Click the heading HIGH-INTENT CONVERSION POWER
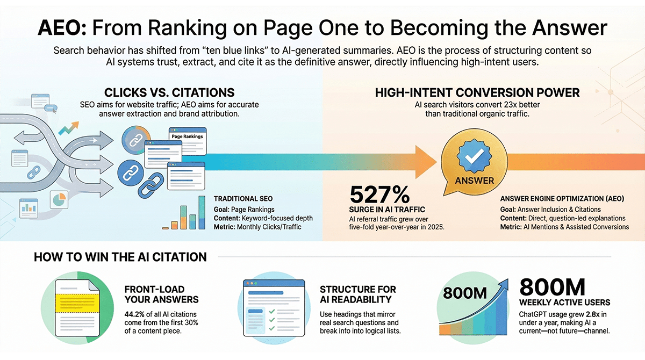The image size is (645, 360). coord(477,92)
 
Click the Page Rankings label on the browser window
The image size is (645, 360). coord(187,136)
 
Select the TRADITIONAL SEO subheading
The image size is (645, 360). coord(241,198)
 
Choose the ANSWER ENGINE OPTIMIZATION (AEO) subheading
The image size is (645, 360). coord(562,198)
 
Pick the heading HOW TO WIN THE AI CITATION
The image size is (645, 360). coord(120,257)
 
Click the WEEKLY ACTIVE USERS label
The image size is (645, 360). coord(564,302)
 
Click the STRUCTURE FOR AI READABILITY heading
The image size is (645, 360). coord(357,294)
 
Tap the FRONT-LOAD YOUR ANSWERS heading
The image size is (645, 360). coord(161,294)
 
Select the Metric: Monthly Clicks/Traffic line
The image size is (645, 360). coord(257,227)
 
